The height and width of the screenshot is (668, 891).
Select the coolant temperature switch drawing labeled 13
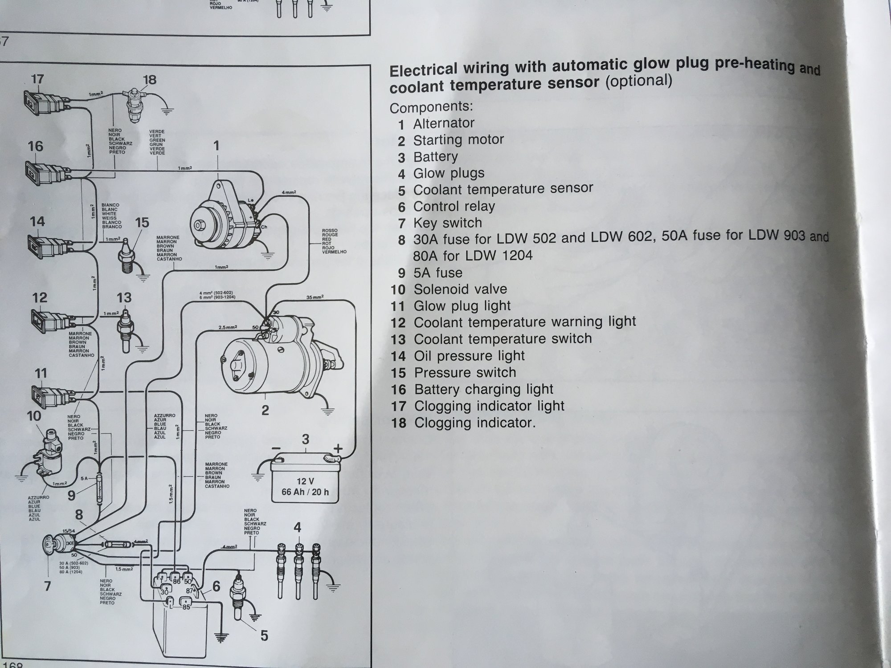click(x=125, y=330)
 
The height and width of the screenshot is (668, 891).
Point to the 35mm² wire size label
click(x=315, y=297)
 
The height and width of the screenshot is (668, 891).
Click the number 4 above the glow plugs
click(x=297, y=528)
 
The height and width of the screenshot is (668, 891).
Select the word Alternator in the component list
click(x=444, y=123)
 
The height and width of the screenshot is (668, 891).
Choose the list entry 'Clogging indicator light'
click(x=489, y=406)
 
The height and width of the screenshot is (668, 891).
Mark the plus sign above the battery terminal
click(x=338, y=448)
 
